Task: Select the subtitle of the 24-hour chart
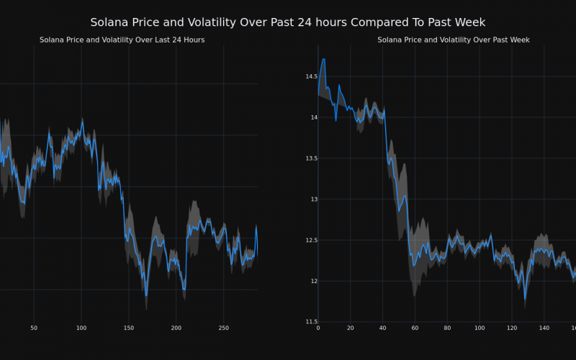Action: [122, 40]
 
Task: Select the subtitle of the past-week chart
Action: [454, 40]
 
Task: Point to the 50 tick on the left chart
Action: [34, 328]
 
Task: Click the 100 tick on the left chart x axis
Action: [81, 328]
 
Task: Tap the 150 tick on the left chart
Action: [128, 328]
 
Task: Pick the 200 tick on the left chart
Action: [176, 328]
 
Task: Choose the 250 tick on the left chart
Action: [223, 328]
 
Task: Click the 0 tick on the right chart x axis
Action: [318, 328]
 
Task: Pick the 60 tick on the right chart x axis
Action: [415, 328]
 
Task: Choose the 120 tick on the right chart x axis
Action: [511, 328]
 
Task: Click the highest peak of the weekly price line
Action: [323, 59]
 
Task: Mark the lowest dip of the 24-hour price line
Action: [146, 295]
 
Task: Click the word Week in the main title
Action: [471, 23]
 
